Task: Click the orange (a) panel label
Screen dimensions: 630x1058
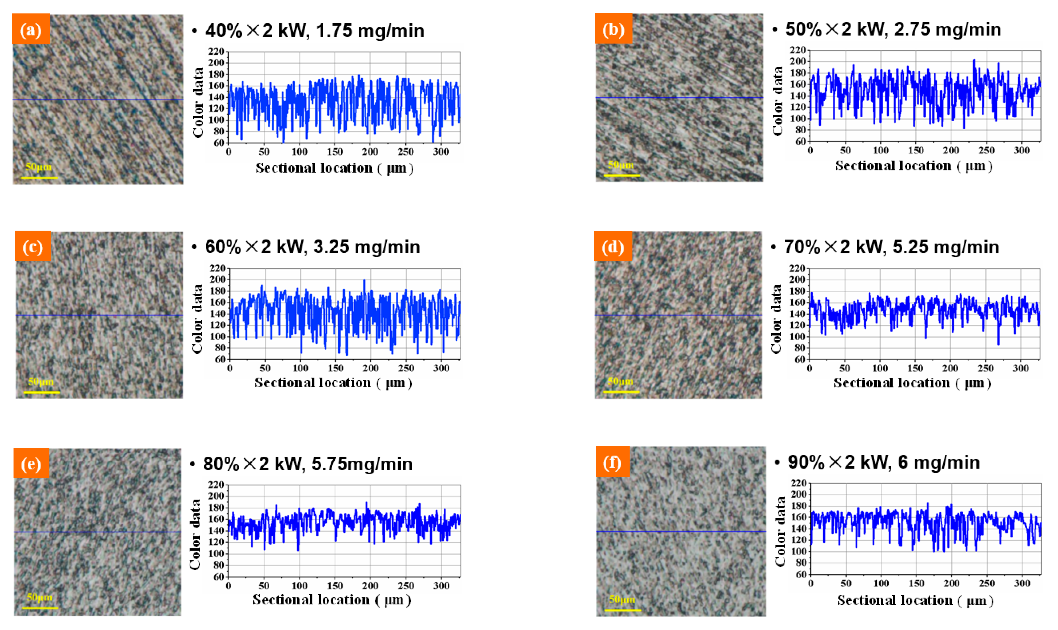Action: click(x=31, y=29)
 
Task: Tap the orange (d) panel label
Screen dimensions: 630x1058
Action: click(x=612, y=246)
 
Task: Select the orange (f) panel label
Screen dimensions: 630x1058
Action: click(x=612, y=461)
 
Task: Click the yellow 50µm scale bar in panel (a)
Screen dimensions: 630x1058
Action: click(x=39, y=177)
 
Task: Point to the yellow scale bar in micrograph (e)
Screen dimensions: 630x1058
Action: click(x=40, y=608)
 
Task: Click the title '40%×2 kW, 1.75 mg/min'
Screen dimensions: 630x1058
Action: click(x=314, y=31)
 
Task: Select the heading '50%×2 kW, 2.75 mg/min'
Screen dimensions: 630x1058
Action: click(x=893, y=29)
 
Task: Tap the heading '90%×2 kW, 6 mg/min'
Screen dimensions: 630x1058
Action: click(x=884, y=462)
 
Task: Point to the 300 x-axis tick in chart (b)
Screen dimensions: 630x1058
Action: click(x=1021, y=150)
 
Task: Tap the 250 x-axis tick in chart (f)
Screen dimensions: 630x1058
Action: click(x=987, y=583)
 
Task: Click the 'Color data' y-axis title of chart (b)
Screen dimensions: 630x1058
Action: click(x=778, y=101)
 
